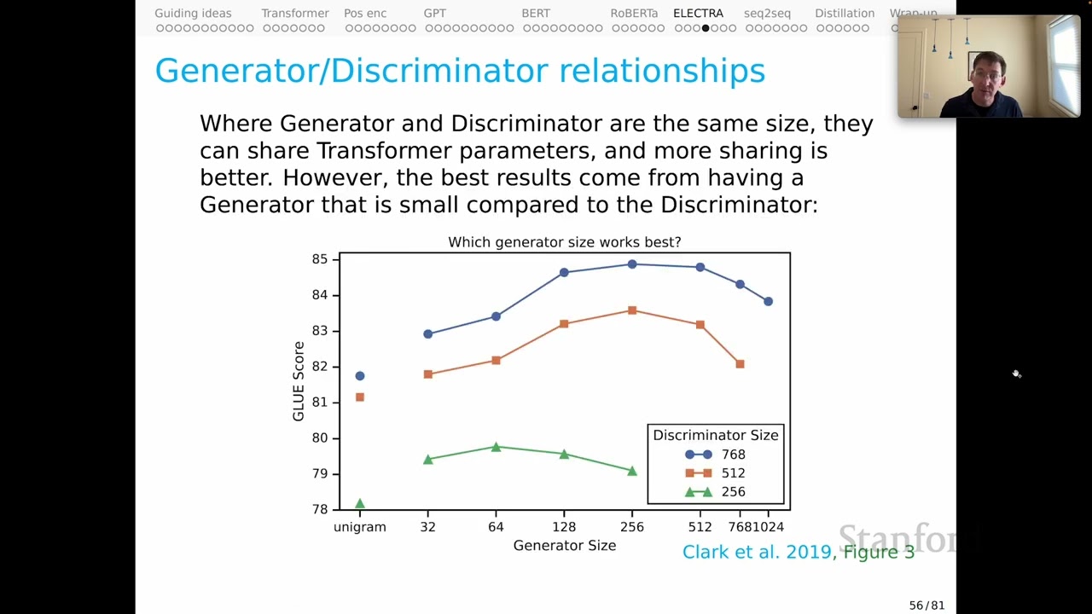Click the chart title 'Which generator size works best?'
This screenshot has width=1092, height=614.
tap(564, 242)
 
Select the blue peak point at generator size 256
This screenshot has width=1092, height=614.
tap(632, 264)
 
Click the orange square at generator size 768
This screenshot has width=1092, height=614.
tap(740, 364)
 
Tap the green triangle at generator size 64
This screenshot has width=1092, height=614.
tap(496, 447)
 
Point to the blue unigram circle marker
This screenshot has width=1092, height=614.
tap(360, 376)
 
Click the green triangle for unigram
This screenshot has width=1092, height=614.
tap(360, 504)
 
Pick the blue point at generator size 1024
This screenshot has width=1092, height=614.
tap(768, 301)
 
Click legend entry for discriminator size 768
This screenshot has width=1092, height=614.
tap(715, 455)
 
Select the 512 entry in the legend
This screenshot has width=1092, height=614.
tap(715, 473)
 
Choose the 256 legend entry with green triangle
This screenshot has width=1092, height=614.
tap(715, 492)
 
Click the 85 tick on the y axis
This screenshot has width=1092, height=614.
tap(319, 259)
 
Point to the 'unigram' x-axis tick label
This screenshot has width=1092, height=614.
tap(360, 527)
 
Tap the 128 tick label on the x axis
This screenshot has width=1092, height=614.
tap(564, 527)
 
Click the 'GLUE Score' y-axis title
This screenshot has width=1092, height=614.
tap(299, 381)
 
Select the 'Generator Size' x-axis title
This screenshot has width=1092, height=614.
tap(564, 546)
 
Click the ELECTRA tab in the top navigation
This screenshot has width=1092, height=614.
tap(698, 14)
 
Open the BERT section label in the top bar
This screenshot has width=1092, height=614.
tap(536, 14)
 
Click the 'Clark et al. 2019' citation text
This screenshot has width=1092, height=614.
tap(757, 552)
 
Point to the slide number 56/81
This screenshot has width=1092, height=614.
tap(926, 605)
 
